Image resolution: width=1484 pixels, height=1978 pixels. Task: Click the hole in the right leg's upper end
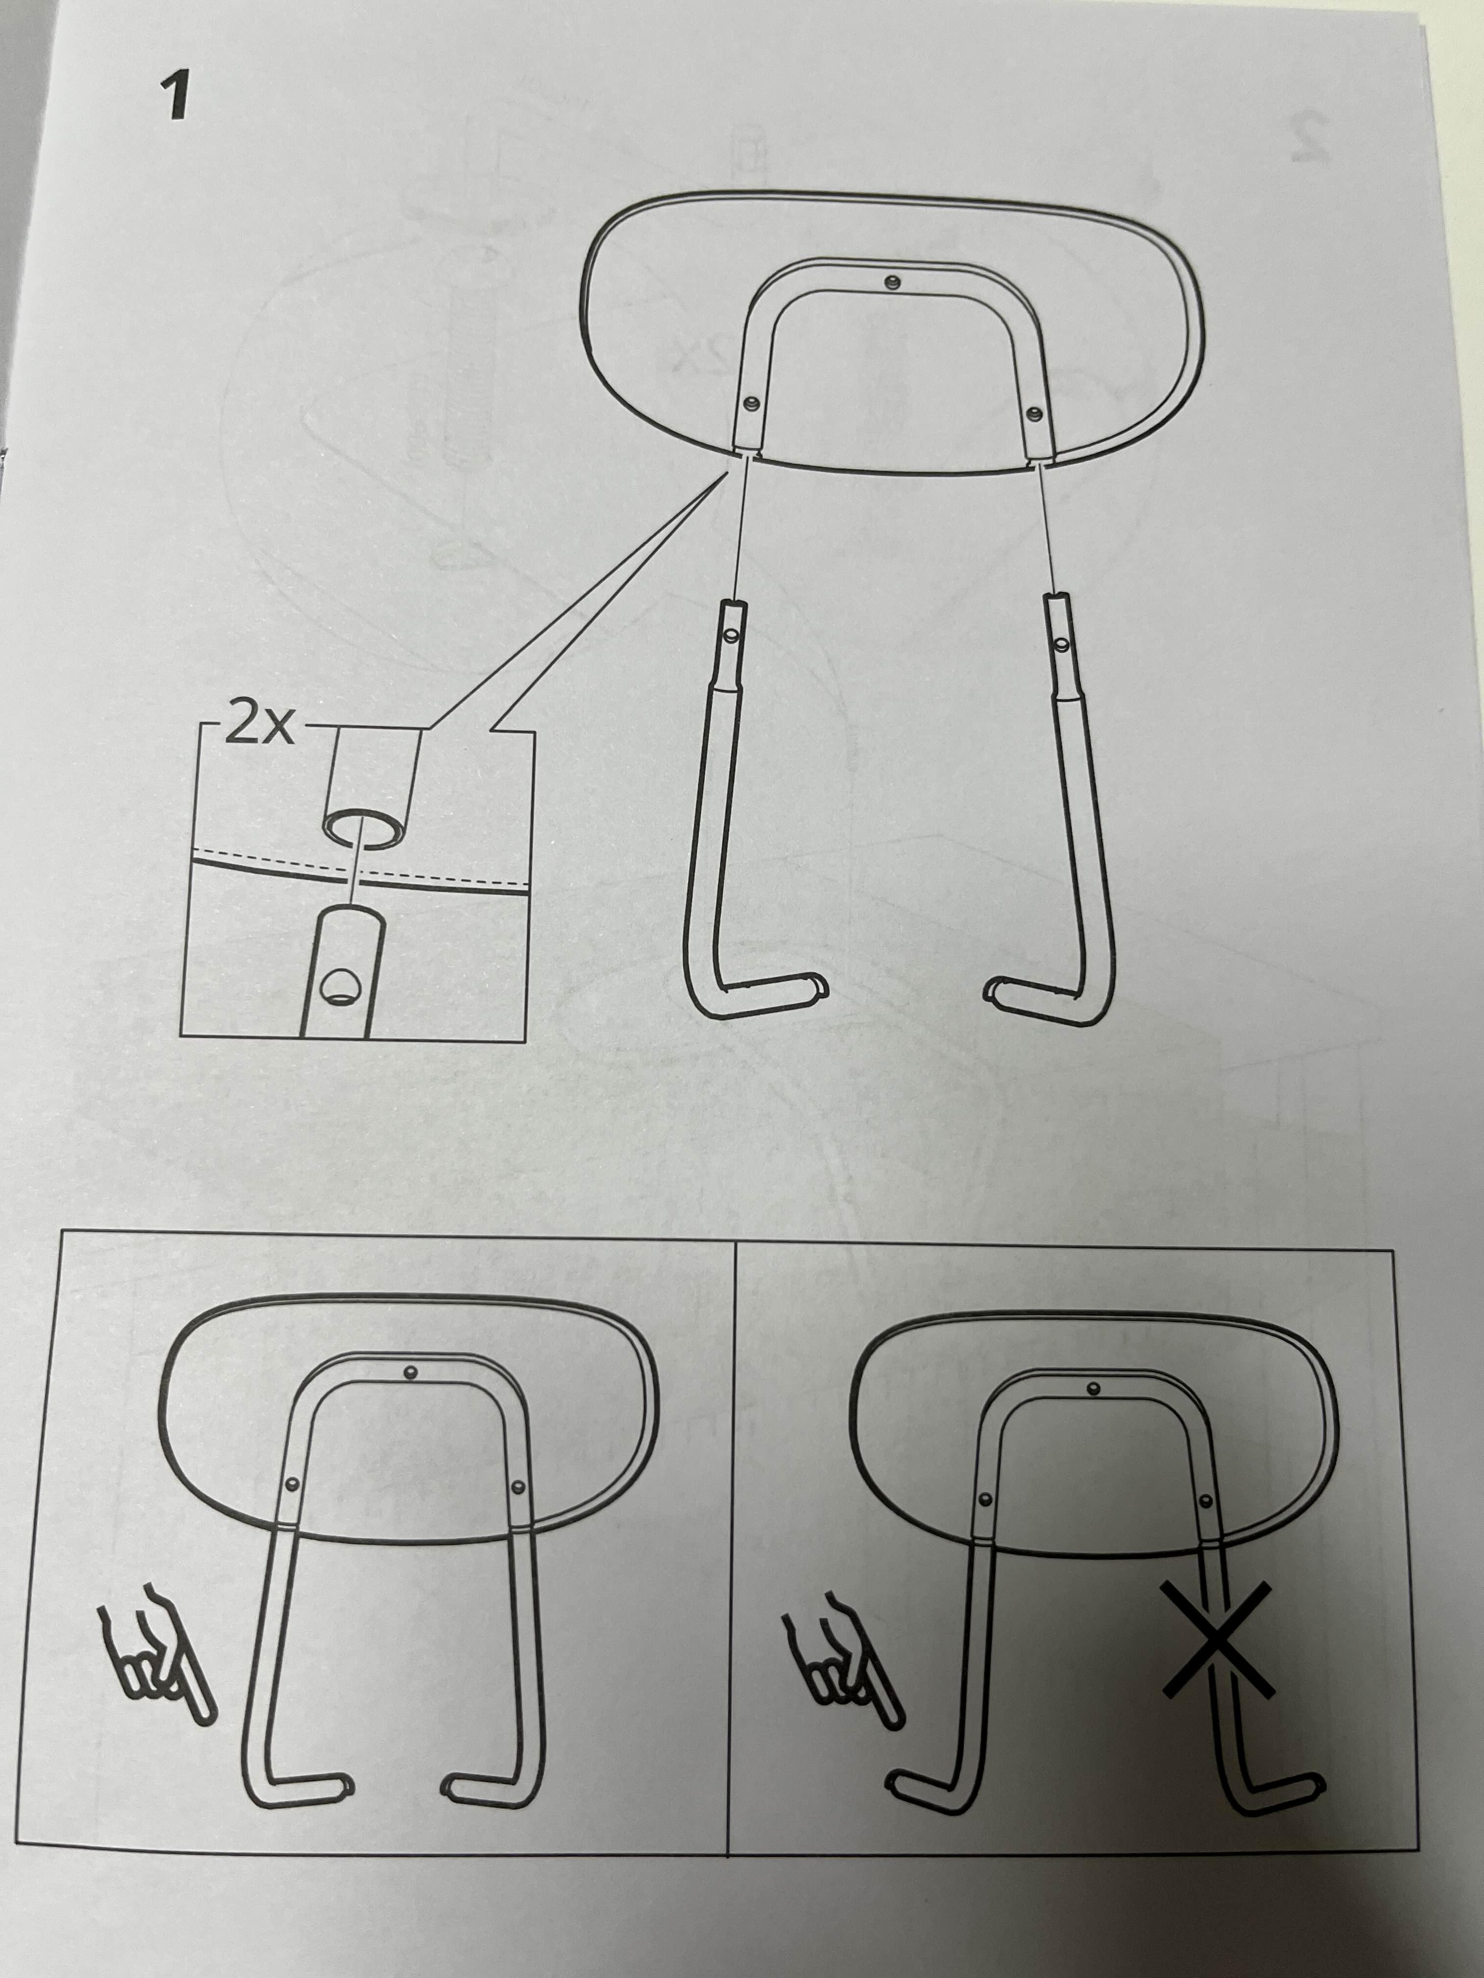point(1062,642)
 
